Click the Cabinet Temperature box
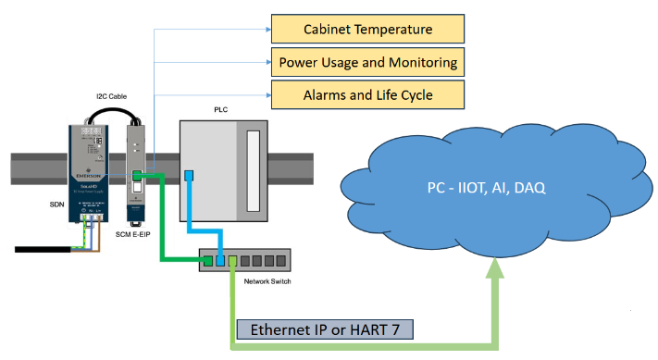pyautogui.click(x=367, y=29)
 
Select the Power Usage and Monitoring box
pyautogui.click(x=367, y=63)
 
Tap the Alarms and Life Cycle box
pyautogui.click(x=367, y=95)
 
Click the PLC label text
pyautogui.click(x=220, y=110)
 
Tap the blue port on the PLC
pyautogui.click(x=188, y=176)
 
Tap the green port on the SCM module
pyautogui.click(x=137, y=175)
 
